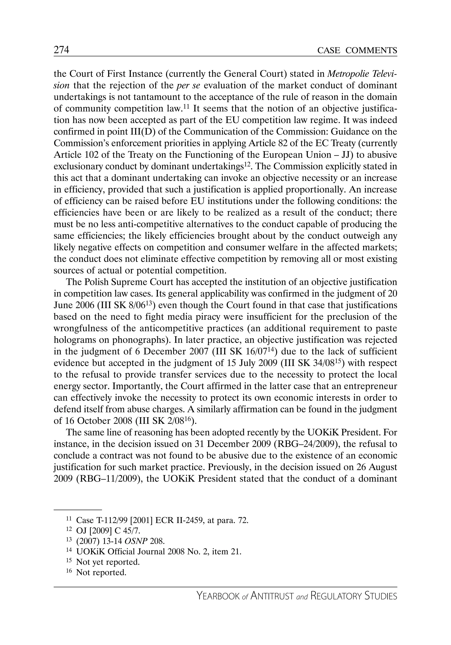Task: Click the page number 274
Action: [61, 50]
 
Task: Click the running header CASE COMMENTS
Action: [357, 50]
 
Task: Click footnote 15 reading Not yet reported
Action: [108, 562]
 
